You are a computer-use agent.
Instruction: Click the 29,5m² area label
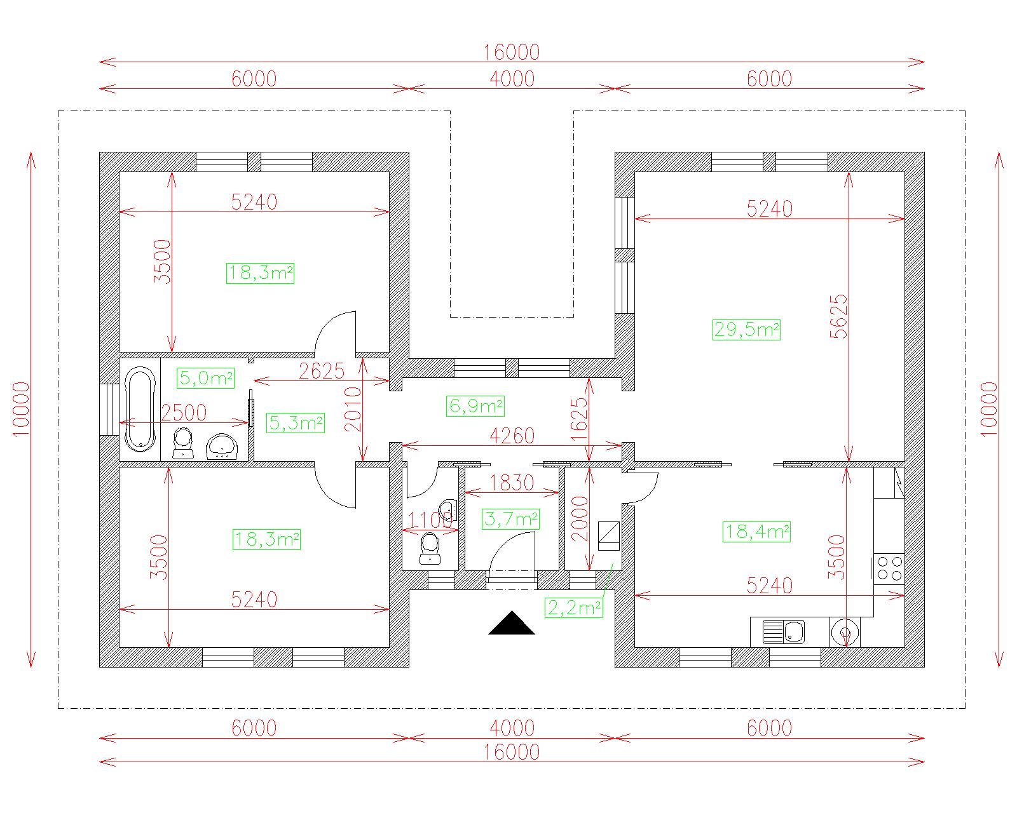click(746, 330)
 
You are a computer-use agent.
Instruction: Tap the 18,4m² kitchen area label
click(756, 532)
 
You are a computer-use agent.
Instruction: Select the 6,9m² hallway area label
click(475, 406)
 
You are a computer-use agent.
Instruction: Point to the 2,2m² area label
click(574, 607)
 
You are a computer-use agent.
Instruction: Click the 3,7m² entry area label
click(511, 519)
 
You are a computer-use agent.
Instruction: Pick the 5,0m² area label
click(205, 378)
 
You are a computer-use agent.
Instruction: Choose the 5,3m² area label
click(296, 422)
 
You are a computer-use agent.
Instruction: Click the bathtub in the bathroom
click(140, 409)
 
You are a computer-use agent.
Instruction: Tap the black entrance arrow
click(511, 622)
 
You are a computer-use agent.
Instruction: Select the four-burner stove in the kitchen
click(889, 568)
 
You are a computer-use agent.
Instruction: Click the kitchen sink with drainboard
click(783, 631)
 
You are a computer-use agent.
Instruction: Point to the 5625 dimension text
click(839, 316)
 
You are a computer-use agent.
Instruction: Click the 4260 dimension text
click(512, 436)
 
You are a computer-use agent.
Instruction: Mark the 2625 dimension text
click(322, 371)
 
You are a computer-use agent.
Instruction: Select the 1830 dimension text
click(512, 482)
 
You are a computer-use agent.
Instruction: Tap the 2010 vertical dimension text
click(353, 409)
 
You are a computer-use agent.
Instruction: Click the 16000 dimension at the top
click(511, 52)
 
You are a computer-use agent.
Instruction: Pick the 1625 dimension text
click(580, 419)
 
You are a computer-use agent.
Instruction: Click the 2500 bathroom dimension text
click(184, 412)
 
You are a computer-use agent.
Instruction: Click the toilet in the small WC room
click(430, 548)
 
